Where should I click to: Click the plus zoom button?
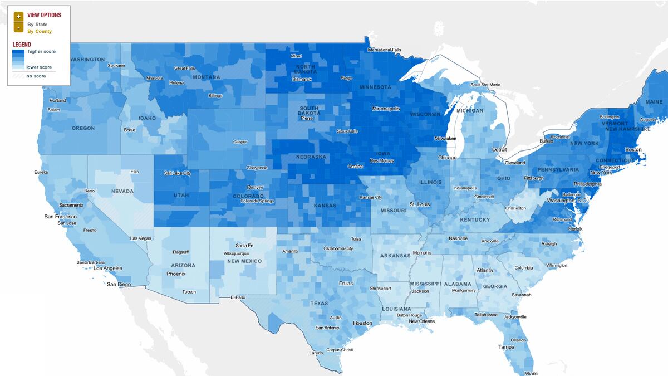click(18, 16)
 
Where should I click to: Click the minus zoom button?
click(18, 27)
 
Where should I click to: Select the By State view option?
click(37, 25)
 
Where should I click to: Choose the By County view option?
click(40, 31)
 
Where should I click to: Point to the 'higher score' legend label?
click(42, 51)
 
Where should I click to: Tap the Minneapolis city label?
click(386, 109)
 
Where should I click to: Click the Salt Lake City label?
click(178, 173)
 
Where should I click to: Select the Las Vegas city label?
click(140, 238)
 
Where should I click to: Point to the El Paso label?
click(238, 297)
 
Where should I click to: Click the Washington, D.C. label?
click(567, 200)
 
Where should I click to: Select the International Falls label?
click(384, 50)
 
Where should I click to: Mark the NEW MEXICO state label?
click(244, 261)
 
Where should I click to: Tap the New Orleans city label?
click(421, 321)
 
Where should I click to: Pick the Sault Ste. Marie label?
click(485, 85)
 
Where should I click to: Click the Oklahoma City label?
click(338, 248)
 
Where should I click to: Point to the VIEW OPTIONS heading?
click(44, 15)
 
